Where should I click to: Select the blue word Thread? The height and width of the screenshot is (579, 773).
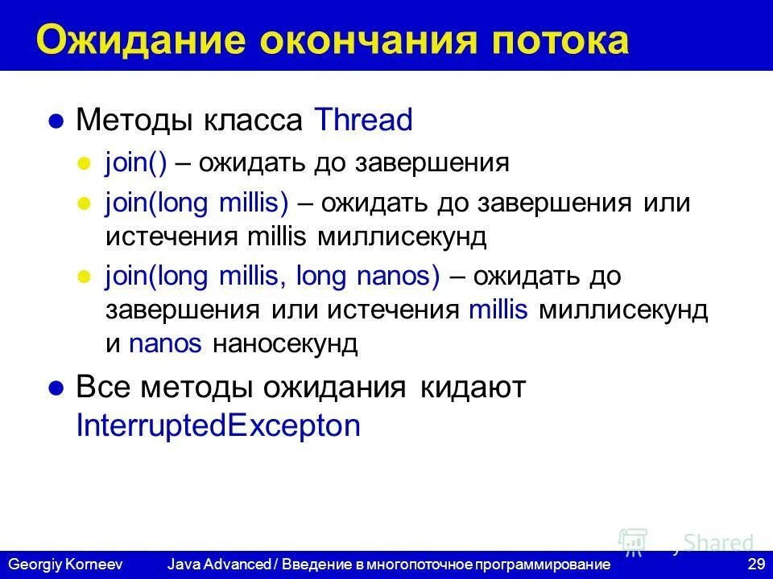[363, 121]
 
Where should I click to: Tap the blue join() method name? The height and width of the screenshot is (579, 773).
[135, 163]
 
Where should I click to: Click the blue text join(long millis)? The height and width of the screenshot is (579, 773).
[196, 202]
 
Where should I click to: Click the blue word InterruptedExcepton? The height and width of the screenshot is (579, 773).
[218, 426]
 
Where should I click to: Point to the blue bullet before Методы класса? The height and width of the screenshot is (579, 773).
[56, 122]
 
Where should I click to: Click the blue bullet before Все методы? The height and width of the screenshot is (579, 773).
[56, 389]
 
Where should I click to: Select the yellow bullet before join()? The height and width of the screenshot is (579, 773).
[82, 164]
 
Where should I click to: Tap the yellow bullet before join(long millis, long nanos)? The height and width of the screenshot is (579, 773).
[82, 277]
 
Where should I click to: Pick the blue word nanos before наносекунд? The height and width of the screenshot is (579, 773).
[165, 344]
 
